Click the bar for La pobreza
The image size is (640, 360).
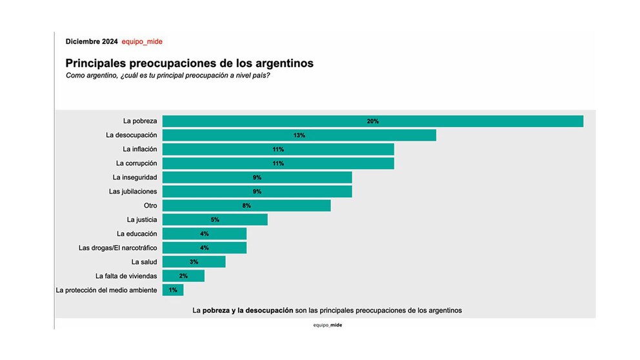tap(373, 121)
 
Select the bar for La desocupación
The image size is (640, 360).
tap(299, 135)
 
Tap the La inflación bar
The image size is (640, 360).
tap(278, 150)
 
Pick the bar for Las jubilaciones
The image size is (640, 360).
tap(257, 192)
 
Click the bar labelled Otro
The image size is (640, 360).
tap(246, 206)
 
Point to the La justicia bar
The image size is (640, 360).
tap(215, 220)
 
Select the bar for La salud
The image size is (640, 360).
tap(194, 262)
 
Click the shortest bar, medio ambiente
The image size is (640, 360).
tap(173, 290)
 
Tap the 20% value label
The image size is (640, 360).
tap(373, 121)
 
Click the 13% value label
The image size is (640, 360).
tap(299, 135)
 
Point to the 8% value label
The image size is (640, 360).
tap(246, 206)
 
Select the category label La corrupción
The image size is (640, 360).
tap(136, 163)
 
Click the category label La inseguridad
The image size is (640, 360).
tap(134, 177)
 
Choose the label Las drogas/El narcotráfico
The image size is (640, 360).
tap(117, 248)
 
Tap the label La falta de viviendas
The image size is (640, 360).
tap(126, 276)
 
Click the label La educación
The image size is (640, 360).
tap(137, 234)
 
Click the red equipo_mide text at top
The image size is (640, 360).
tap(142, 42)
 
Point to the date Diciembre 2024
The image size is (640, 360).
tap(92, 42)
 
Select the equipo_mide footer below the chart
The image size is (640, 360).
tap(327, 325)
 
